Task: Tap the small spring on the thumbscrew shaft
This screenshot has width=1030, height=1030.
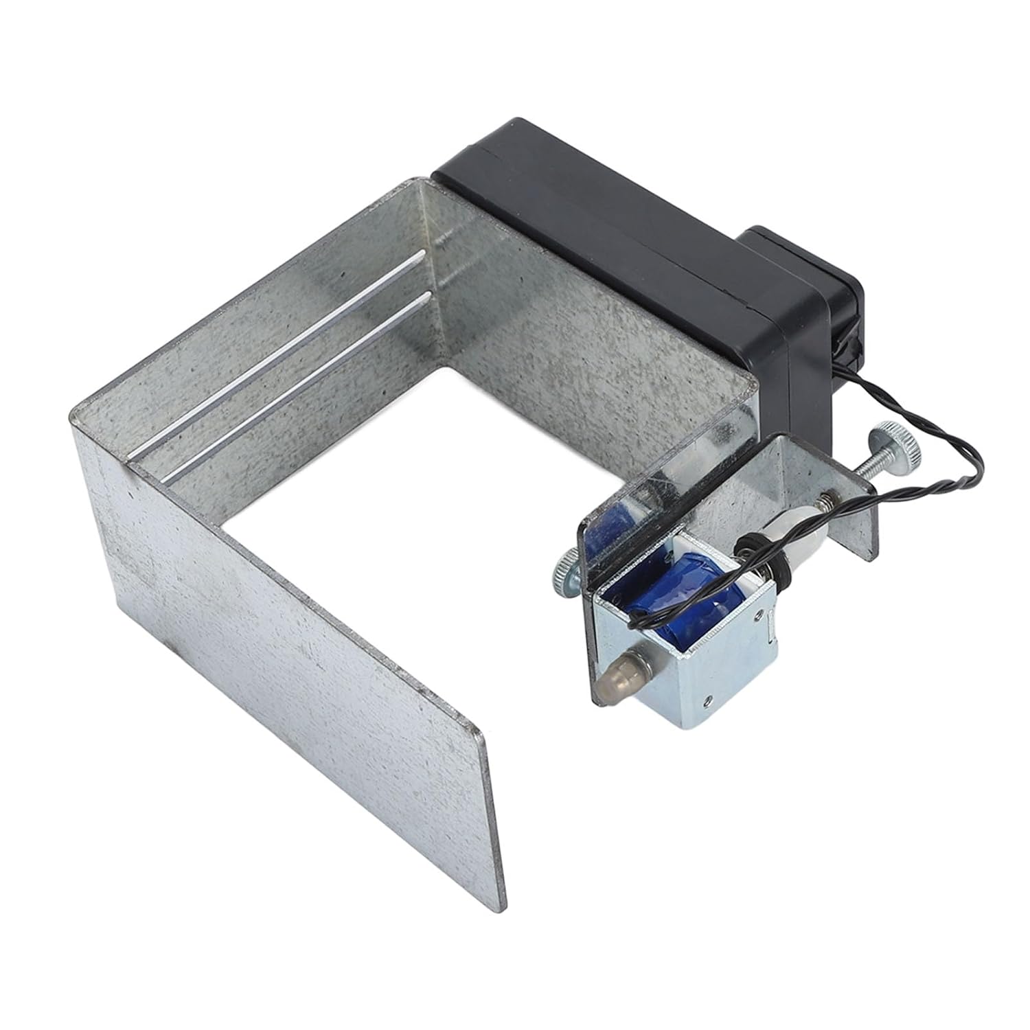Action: point(833,496)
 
